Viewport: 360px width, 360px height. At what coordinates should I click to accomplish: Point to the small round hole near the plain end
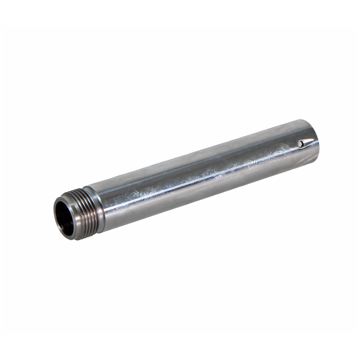coord(300,144)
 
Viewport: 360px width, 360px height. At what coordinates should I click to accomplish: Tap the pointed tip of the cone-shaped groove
coord(314,139)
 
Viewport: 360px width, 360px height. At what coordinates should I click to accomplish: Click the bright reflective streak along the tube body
coord(202,176)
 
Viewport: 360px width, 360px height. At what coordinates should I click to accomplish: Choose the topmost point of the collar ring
coord(86,188)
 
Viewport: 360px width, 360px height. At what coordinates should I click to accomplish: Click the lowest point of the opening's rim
coord(72,239)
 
